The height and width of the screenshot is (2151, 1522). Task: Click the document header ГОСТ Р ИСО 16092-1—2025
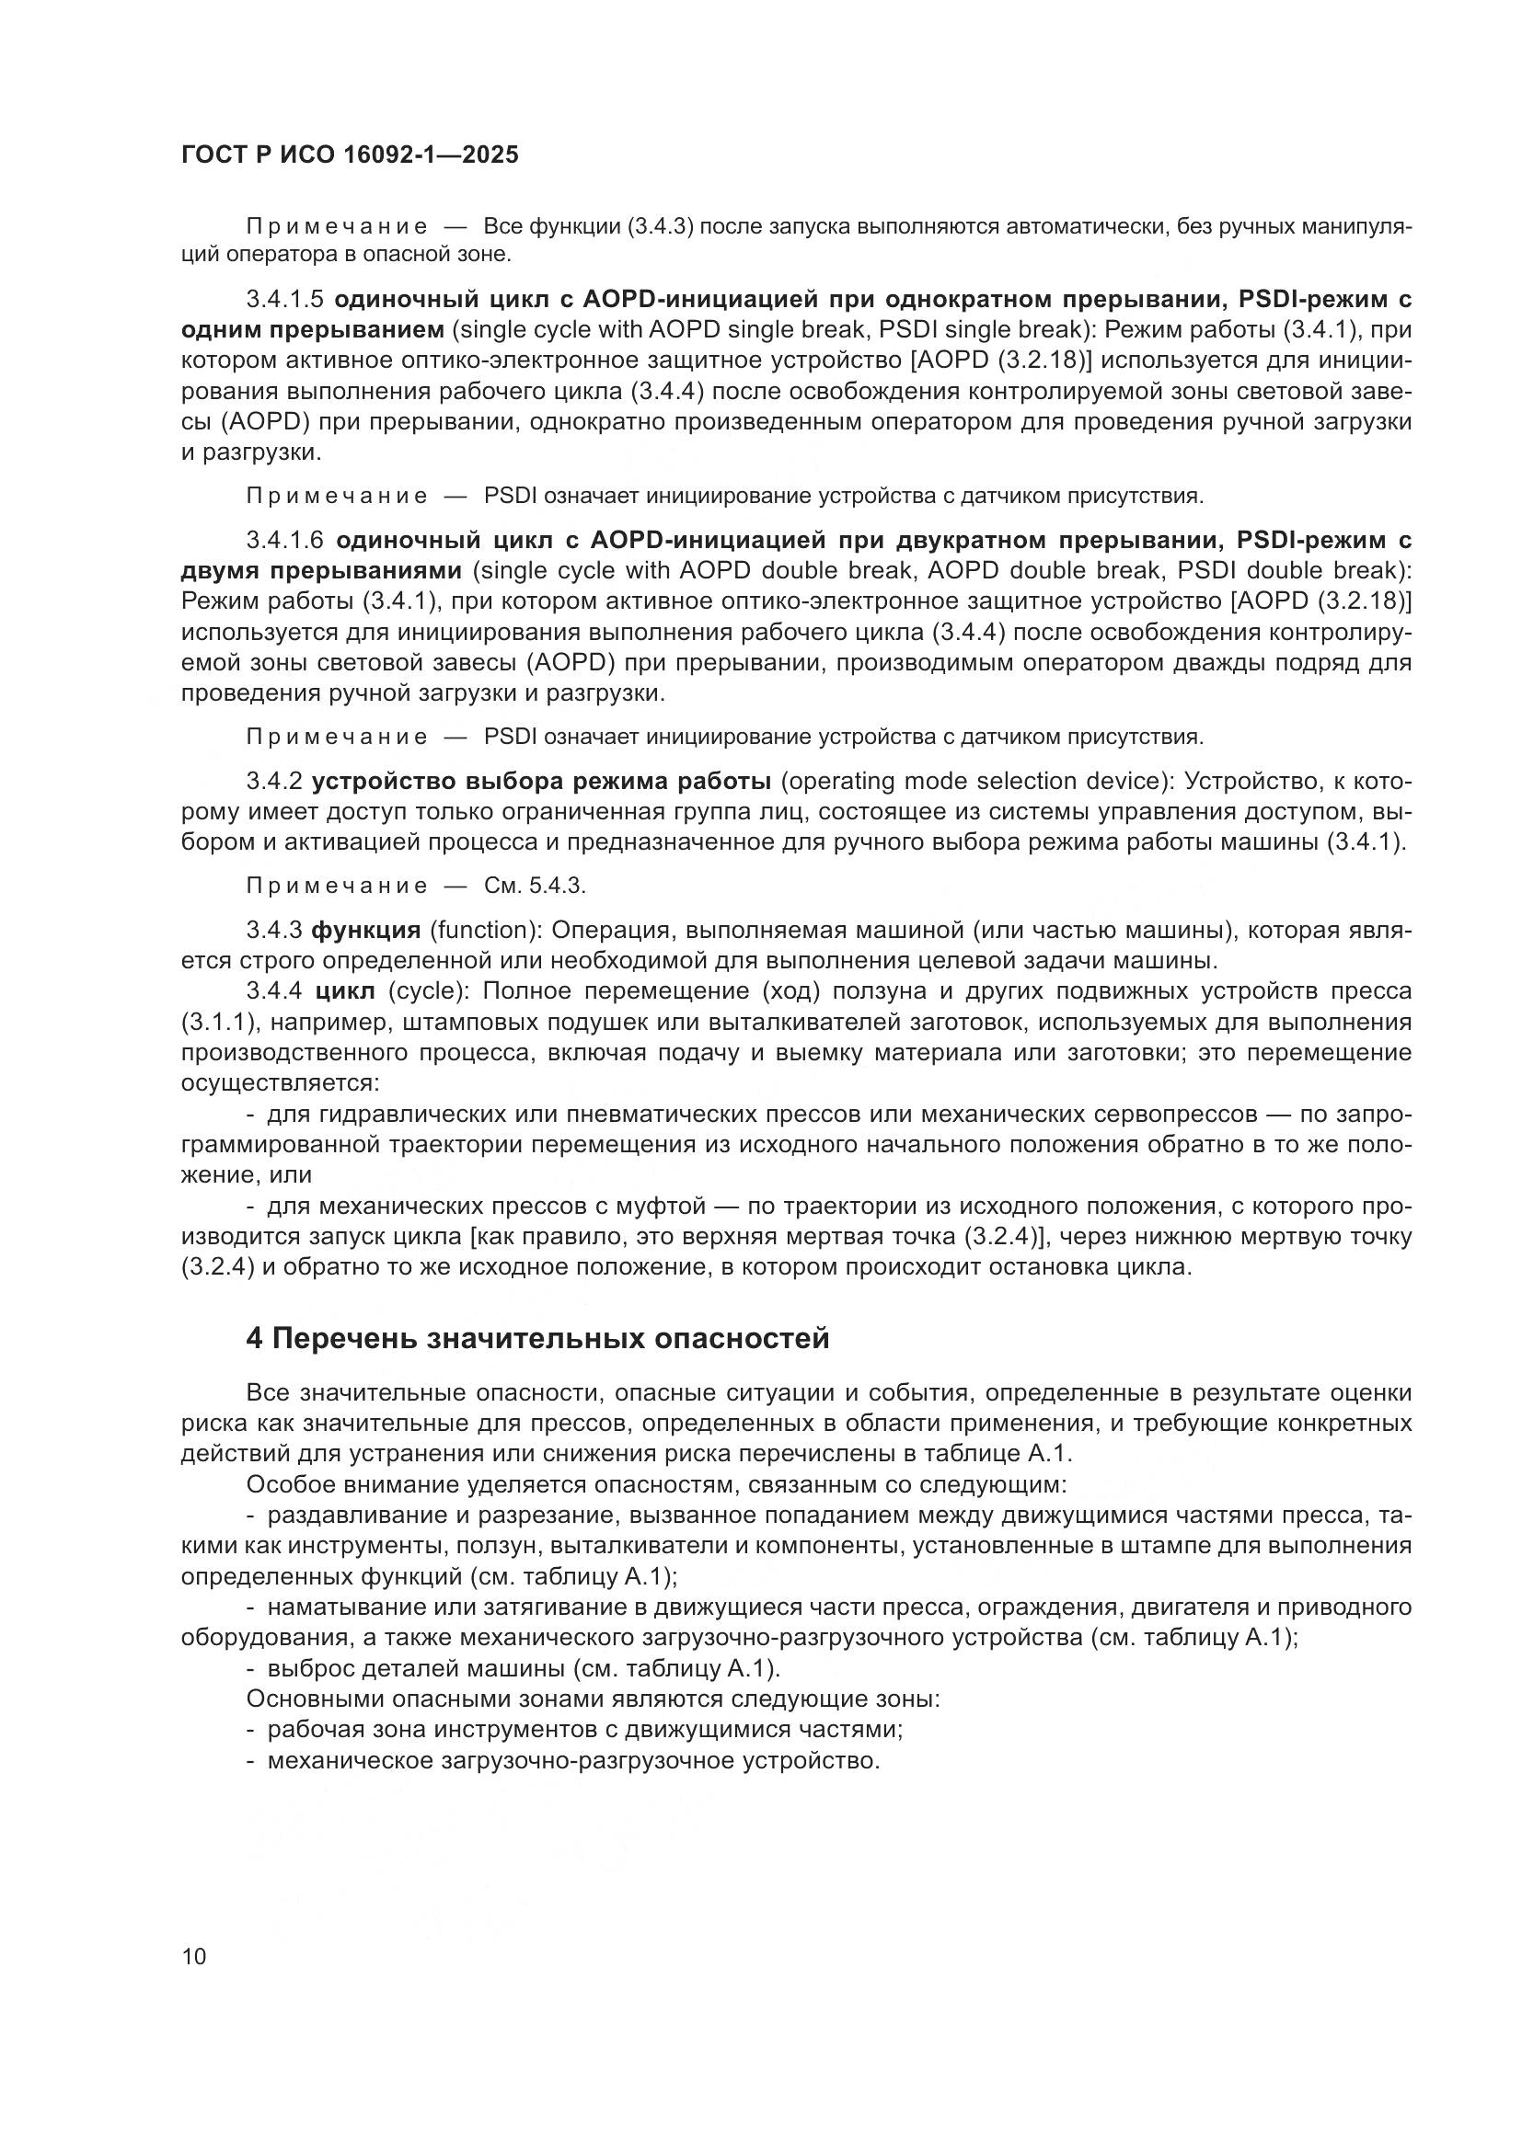[x=349, y=155]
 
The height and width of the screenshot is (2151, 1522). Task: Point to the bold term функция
[x=365, y=931]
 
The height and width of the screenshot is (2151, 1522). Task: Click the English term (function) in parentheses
[x=480, y=931]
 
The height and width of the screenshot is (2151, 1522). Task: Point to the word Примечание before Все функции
[x=337, y=228]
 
